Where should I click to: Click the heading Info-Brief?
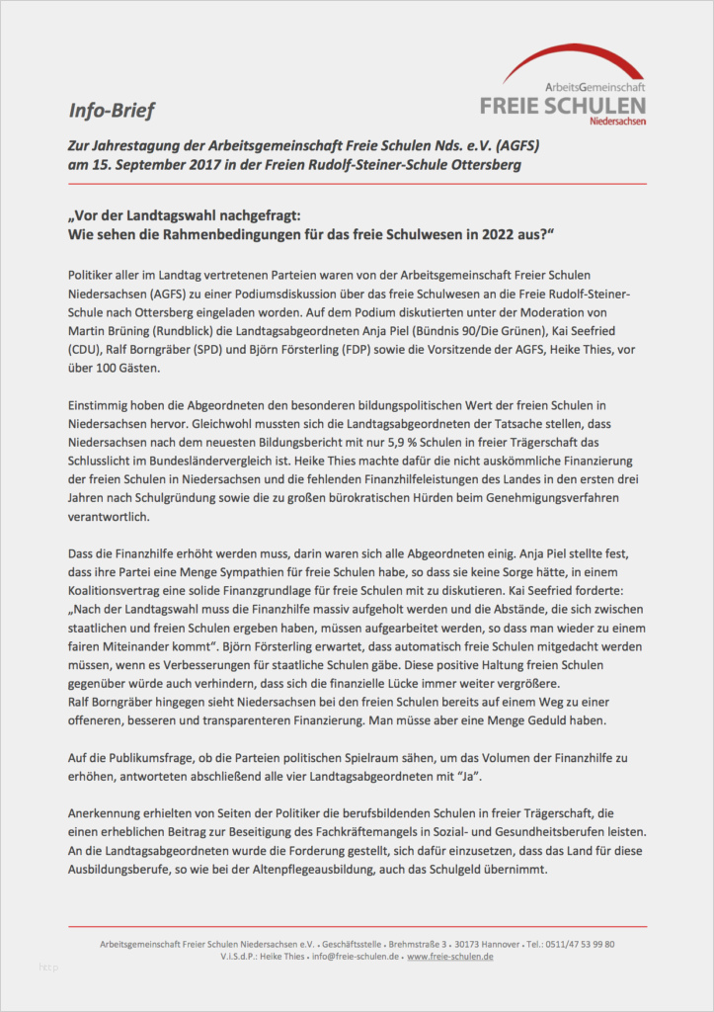click(x=112, y=109)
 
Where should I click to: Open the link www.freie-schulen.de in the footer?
click(x=450, y=957)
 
